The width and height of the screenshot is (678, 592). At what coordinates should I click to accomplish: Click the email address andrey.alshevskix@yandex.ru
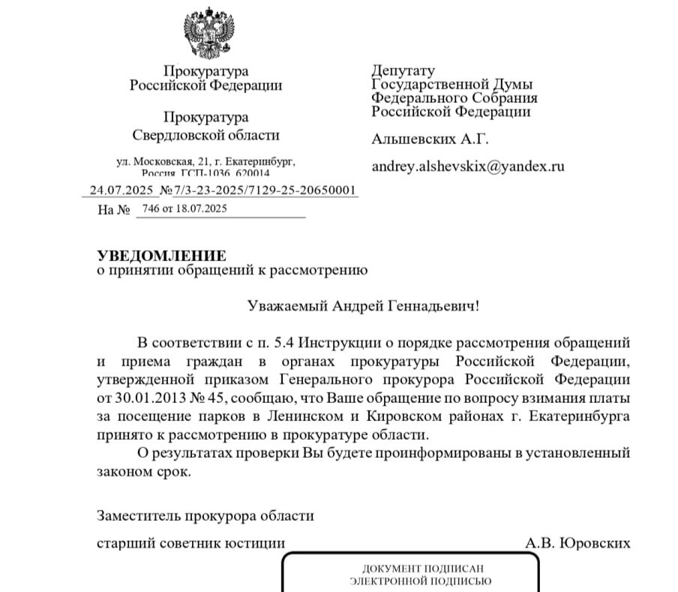(467, 167)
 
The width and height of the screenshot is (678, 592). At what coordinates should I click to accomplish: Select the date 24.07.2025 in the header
(121, 190)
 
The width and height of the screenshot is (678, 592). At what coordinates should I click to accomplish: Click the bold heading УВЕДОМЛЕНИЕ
(161, 256)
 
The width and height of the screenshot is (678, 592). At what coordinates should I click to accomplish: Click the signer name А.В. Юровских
(577, 542)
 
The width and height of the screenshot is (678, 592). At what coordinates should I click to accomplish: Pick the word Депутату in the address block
(403, 71)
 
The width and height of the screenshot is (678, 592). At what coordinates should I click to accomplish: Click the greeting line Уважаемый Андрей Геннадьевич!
(362, 306)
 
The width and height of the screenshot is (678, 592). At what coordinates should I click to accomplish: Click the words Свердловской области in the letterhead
(205, 135)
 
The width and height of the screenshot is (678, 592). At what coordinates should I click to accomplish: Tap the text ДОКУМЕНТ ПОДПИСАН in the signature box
(410, 569)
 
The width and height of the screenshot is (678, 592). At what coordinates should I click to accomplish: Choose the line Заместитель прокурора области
(205, 515)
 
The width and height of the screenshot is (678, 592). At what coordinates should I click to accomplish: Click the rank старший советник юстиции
(191, 542)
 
